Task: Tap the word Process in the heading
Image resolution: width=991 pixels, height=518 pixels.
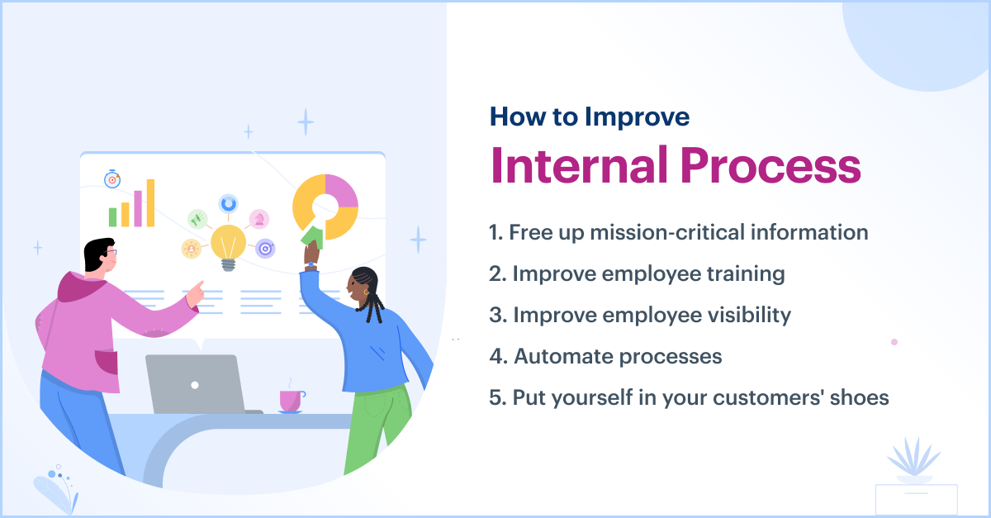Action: coord(771,165)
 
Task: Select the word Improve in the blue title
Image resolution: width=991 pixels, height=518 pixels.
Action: coord(637,117)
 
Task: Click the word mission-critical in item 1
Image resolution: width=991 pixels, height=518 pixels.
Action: coord(667,232)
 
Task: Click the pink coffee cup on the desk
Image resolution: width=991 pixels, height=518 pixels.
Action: coord(292,402)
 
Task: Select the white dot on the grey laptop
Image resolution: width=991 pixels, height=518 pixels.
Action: coord(195,385)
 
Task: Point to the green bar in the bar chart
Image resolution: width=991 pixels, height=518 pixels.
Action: coord(113,217)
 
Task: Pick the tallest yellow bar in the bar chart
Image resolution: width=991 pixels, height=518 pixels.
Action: coord(150,202)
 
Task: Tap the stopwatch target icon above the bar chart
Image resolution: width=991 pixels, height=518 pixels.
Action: coord(112,179)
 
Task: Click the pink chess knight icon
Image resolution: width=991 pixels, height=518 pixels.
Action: coord(259,219)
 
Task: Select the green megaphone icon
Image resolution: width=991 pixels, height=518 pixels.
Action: coord(197,219)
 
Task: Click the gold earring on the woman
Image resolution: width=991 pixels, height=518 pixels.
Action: coord(367,292)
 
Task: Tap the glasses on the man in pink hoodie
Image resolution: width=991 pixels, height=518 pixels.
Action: coord(111,252)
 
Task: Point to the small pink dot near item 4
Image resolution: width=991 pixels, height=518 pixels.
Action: coord(894,342)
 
